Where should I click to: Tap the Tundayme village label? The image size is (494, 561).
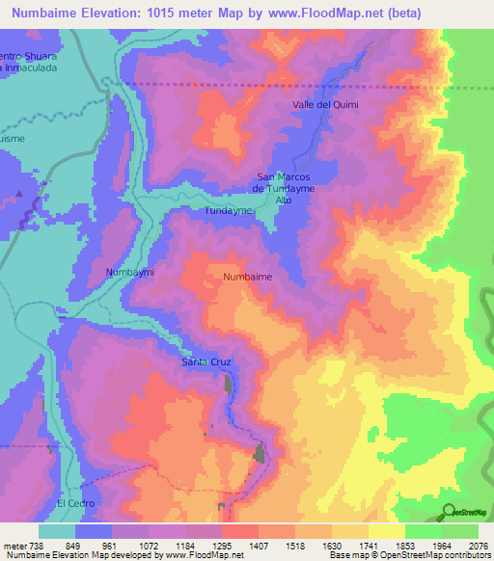[228, 209]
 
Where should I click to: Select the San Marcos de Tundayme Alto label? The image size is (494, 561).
[285, 188]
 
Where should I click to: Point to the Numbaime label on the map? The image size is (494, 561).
[247, 277]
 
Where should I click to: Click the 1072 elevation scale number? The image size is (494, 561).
[149, 545]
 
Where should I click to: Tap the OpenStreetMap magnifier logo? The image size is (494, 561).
[449, 511]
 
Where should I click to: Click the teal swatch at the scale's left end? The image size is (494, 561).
[57, 531]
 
